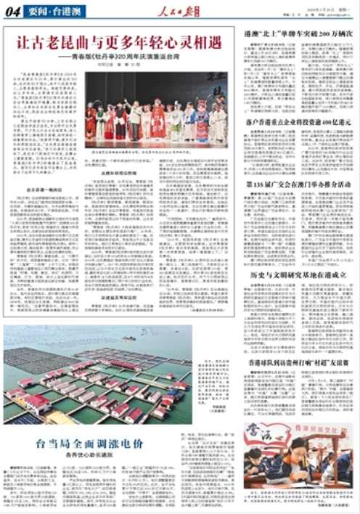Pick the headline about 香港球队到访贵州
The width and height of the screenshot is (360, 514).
[298, 360]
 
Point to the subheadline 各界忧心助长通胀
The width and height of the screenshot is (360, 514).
[90, 454]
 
